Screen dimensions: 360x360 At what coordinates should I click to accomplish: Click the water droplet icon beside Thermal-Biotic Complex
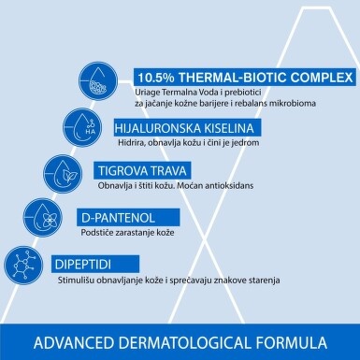point(98,80)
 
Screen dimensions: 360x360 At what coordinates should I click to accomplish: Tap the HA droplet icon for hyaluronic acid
point(82,127)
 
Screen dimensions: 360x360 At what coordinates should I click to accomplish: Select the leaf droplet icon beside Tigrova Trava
point(63,174)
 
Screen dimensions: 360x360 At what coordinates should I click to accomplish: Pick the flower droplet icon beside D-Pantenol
point(43,217)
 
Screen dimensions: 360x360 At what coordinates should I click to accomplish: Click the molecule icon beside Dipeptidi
point(23,266)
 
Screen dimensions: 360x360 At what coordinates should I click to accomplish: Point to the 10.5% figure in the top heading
point(156,78)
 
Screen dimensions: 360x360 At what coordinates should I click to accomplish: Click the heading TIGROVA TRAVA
point(142,171)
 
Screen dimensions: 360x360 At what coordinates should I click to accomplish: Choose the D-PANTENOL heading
point(118,218)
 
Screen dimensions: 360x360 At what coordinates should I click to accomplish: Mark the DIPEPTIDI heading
point(83,265)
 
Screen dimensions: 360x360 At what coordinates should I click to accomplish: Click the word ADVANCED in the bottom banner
point(74,342)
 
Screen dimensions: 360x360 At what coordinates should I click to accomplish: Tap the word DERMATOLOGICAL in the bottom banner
point(185,342)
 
